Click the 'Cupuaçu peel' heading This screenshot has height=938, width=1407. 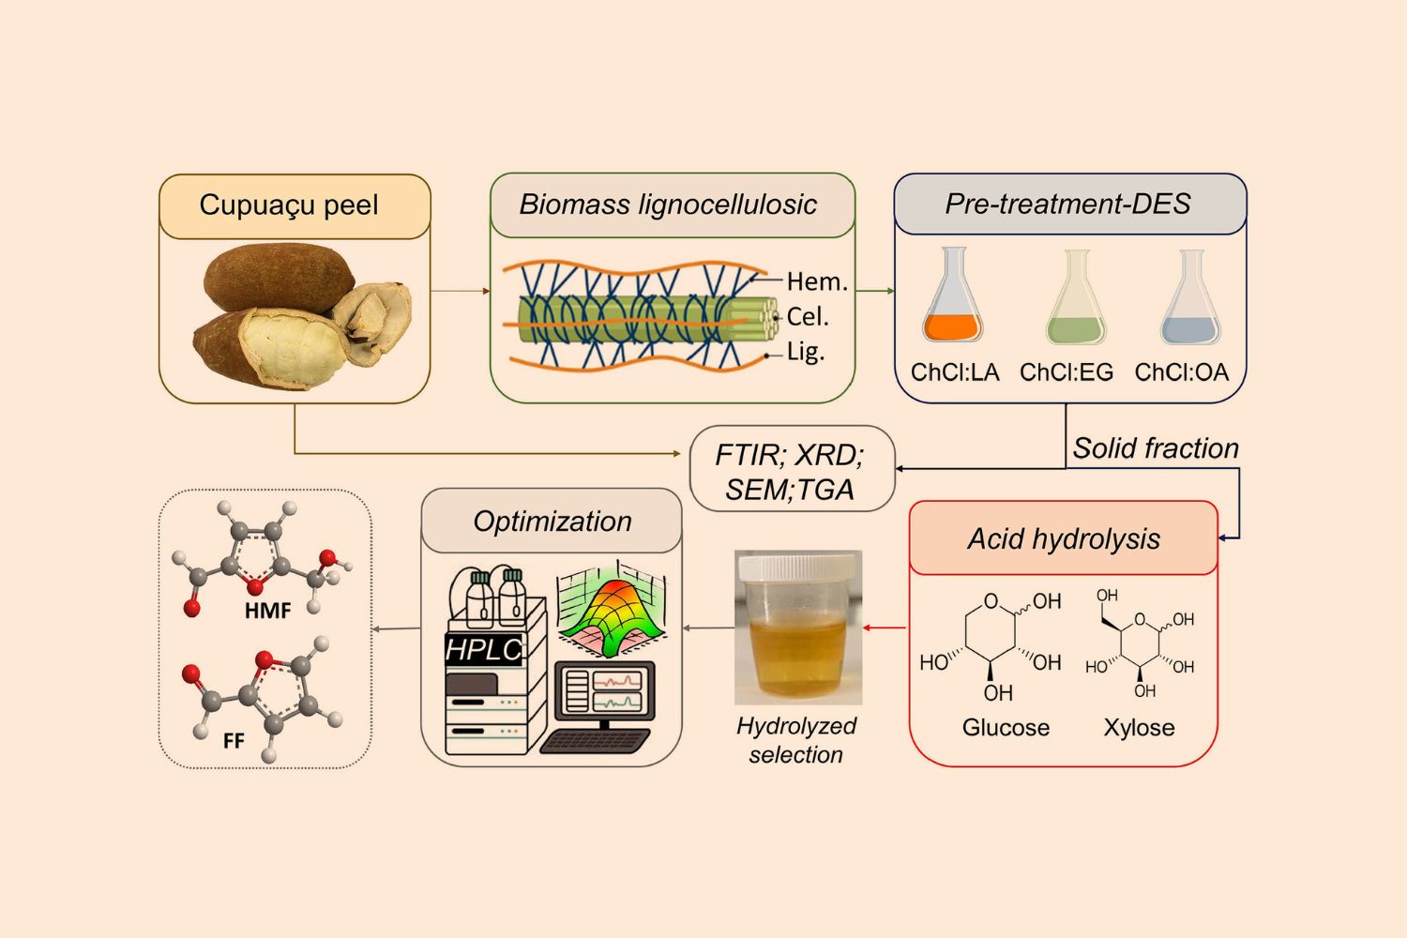click(289, 205)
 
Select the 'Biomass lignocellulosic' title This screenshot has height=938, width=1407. click(668, 204)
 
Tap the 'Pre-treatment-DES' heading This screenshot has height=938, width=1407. click(1067, 204)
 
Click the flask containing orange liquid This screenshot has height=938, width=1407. click(952, 295)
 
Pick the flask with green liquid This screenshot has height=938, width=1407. click(1075, 297)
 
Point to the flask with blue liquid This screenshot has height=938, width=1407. click(1190, 297)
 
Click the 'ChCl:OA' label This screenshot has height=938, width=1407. click(1182, 372)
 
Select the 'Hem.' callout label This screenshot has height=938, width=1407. click(817, 282)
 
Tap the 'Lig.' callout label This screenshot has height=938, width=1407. click(806, 352)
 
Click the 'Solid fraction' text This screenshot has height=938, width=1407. click(1155, 448)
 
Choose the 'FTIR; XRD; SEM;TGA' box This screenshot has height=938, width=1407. click(792, 469)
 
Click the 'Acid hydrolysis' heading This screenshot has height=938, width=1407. click(1064, 539)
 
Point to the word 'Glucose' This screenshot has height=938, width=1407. click(1006, 728)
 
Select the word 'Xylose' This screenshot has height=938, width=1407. click(1139, 728)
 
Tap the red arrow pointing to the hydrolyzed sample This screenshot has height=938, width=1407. click(885, 628)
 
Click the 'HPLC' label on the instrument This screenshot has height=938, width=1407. click(484, 650)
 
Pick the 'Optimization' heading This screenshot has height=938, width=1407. click(552, 522)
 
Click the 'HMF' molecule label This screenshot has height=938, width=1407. click(267, 611)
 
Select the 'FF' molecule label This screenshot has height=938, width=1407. click(234, 741)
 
